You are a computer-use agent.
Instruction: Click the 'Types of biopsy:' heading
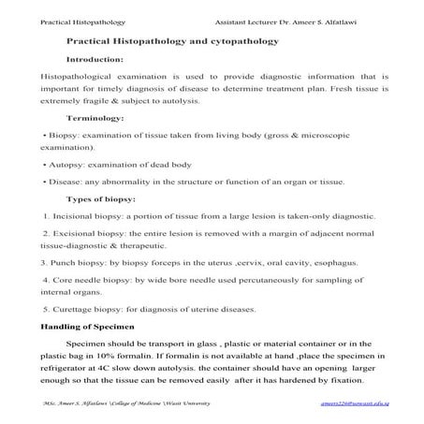point(101,198)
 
